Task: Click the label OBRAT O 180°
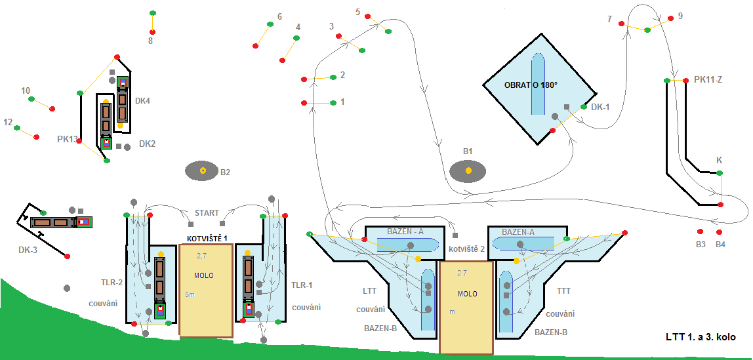tap(531, 85)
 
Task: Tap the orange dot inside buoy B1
tap(468, 170)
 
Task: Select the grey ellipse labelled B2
tap(202, 170)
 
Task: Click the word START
tap(207, 212)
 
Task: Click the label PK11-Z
tap(708, 80)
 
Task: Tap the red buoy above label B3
tap(700, 231)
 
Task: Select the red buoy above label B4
tap(719, 232)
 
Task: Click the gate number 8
tap(150, 41)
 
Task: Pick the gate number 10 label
tap(26, 90)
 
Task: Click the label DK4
tap(142, 101)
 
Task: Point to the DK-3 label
tap(28, 250)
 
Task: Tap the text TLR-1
tap(302, 285)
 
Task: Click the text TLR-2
tap(112, 282)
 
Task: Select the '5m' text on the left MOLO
tap(189, 294)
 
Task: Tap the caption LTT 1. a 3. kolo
tap(701, 337)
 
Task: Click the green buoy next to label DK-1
tap(584, 107)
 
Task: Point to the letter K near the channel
tap(720, 160)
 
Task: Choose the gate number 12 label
tap(8, 123)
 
